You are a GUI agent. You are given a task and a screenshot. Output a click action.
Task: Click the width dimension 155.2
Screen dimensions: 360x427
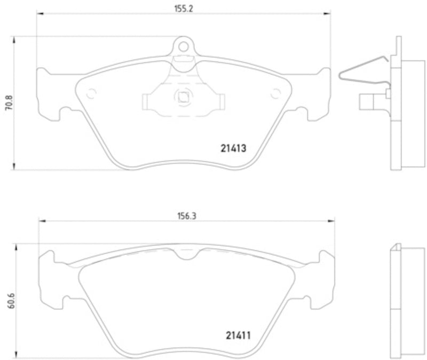point(183,7)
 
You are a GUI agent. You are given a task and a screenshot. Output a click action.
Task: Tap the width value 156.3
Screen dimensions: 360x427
point(185,216)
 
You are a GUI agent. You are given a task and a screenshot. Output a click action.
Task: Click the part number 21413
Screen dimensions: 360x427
point(233,150)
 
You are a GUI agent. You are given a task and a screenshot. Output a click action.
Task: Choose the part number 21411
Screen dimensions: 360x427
point(235,336)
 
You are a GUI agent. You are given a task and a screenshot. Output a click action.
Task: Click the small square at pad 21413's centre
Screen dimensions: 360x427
point(183,97)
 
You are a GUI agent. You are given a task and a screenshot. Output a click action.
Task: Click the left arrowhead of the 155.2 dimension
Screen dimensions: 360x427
point(38,14)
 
